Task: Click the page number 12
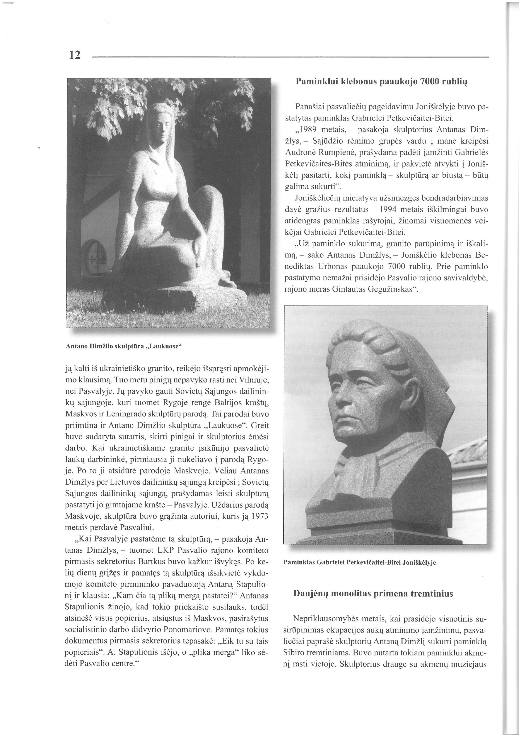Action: pyautogui.click(x=74, y=55)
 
